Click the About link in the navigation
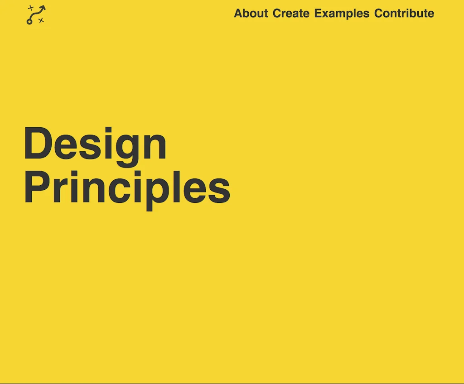pos(251,14)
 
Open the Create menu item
pos(291,14)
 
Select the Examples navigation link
pos(342,14)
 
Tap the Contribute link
pos(404,14)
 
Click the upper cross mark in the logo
pos(30,8)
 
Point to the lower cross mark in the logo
pos(41,20)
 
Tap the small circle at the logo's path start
pos(29,21)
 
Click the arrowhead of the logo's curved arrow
pos(43,8)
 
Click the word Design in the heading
pos(95,144)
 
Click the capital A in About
pos(238,14)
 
